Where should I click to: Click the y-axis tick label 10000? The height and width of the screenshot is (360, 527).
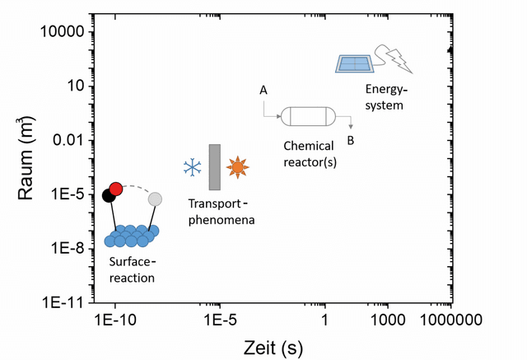(x=63, y=31)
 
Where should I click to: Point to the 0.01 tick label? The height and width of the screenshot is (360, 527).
(x=68, y=140)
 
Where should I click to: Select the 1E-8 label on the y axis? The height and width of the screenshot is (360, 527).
(x=67, y=249)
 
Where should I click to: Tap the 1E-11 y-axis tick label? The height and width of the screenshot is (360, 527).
(x=63, y=303)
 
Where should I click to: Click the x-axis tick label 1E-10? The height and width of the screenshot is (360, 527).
(x=115, y=320)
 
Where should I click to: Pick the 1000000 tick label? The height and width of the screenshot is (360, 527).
(x=451, y=320)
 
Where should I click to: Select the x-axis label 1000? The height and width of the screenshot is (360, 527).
(x=388, y=320)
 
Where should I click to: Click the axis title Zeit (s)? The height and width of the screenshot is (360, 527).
(x=273, y=348)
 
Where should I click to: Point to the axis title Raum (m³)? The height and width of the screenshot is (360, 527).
(x=26, y=158)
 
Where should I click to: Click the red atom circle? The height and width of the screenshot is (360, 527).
(x=116, y=189)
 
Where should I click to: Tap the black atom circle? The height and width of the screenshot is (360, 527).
(x=108, y=195)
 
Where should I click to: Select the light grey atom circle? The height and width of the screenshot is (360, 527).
(x=155, y=199)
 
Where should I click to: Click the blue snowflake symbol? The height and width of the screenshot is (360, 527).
(x=193, y=167)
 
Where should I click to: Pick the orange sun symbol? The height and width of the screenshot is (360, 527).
(x=238, y=167)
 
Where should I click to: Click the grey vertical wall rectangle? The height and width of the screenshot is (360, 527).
(x=215, y=167)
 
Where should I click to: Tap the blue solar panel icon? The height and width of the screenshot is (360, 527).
(x=355, y=64)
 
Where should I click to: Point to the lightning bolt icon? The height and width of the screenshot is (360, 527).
(x=399, y=60)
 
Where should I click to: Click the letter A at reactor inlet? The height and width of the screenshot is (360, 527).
(x=263, y=90)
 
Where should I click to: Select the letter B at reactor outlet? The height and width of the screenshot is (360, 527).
(x=351, y=141)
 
